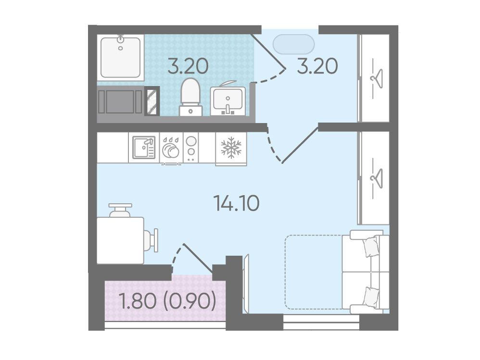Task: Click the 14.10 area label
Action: click(x=237, y=203)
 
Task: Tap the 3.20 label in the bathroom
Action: click(x=188, y=66)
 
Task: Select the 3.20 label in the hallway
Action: click(x=317, y=66)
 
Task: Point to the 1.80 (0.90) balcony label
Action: click(x=169, y=301)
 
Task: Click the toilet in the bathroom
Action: click(x=190, y=97)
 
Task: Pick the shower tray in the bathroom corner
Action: click(x=121, y=57)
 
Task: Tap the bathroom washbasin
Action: click(x=228, y=100)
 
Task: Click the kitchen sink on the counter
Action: click(x=144, y=148)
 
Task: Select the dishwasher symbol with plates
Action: click(x=171, y=148)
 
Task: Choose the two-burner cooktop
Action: click(x=191, y=148)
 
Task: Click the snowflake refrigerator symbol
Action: click(x=231, y=148)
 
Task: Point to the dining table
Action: click(x=120, y=240)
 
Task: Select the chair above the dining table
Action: click(x=120, y=210)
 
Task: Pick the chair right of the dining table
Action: click(x=151, y=240)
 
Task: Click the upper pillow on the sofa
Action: click(x=371, y=247)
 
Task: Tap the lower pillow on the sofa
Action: click(x=371, y=296)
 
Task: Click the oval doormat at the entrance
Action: click(x=293, y=44)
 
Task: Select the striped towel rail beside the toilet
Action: click(x=152, y=101)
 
